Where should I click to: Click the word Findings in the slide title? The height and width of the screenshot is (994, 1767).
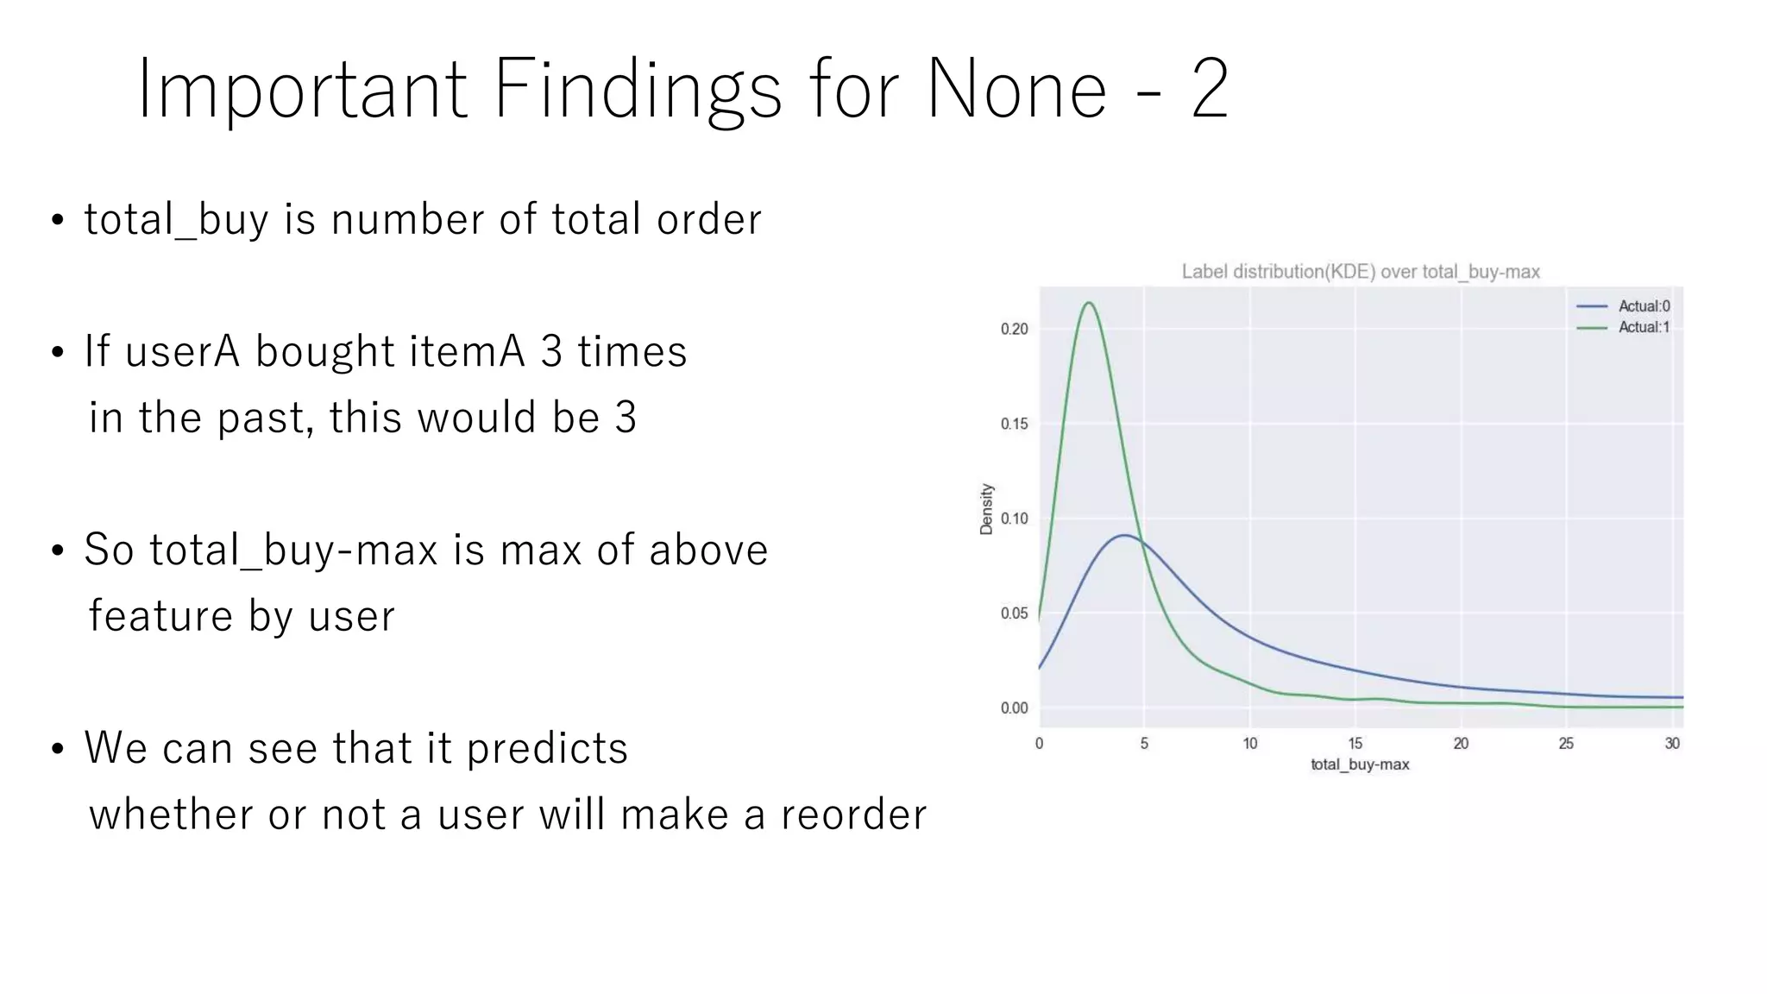point(637,90)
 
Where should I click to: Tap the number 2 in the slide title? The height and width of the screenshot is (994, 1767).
point(1210,90)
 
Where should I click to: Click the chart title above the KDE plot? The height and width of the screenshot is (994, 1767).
point(1361,272)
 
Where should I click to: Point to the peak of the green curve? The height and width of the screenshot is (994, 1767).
point(1089,303)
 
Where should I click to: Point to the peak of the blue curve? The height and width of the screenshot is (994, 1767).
point(1124,536)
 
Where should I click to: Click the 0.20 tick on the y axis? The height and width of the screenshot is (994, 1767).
point(1015,329)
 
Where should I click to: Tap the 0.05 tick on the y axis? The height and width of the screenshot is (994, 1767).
point(1015,613)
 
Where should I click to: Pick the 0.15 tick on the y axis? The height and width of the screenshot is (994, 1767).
point(1015,424)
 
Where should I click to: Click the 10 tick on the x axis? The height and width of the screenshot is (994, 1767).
point(1250,744)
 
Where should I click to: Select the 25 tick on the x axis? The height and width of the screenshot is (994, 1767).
point(1566,744)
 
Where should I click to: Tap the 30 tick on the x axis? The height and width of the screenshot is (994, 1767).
point(1672,744)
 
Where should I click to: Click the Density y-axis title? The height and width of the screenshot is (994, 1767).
point(987,509)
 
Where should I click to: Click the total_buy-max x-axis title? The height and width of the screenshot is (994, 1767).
point(1360,764)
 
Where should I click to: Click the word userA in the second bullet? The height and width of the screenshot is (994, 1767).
point(182,352)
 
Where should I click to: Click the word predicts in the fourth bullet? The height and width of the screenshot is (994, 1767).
point(547,749)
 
